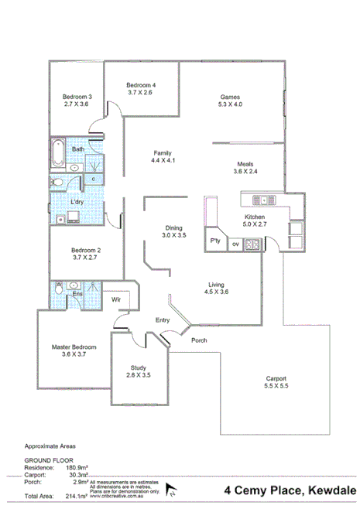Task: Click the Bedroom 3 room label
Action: coord(77,97)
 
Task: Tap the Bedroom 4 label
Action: coord(141,85)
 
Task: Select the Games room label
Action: coord(231,97)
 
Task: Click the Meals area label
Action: coord(245,164)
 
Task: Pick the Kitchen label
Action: coord(255,217)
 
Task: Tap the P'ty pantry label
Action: coord(215,242)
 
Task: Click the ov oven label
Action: coord(236,244)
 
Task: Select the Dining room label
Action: coord(173,227)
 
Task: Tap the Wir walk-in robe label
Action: coord(116,299)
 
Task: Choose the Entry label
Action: coord(162,319)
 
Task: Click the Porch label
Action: coord(200,340)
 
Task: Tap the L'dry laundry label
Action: coord(77,202)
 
